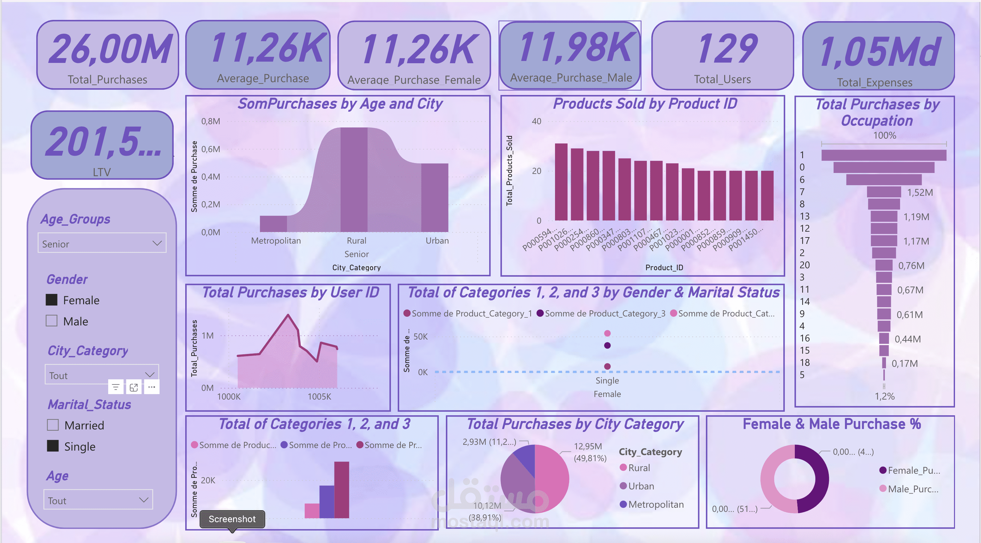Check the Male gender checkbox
(x=51, y=321)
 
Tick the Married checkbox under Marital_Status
(x=53, y=425)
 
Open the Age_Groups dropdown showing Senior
(x=102, y=243)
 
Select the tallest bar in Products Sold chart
(x=560, y=182)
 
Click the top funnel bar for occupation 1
(x=883, y=155)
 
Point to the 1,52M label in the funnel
(x=920, y=192)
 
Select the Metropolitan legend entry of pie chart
(x=655, y=504)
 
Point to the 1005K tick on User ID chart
(x=319, y=396)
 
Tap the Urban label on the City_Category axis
(x=437, y=241)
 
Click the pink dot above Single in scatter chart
(x=607, y=333)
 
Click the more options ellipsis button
(x=152, y=387)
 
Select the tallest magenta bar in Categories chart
(x=341, y=489)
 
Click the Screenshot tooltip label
(x=232, y=519)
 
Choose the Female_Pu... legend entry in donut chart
(x=913, y=470)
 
